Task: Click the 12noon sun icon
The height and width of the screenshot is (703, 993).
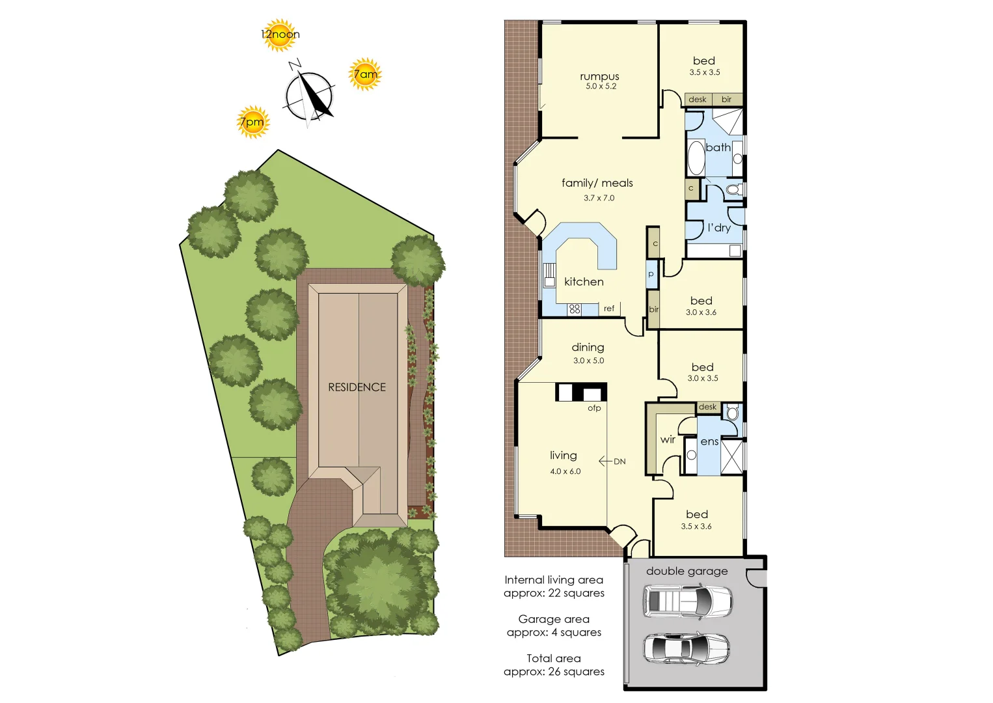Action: click(280, 34)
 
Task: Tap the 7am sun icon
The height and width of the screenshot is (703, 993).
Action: click(365, 74)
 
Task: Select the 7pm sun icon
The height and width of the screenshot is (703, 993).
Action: click(252, 122)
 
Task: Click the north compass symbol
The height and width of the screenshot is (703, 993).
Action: click(309, 95)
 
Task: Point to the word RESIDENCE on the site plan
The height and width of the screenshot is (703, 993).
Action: click(357, 387)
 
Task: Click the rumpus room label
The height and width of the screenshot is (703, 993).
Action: click(599, 77)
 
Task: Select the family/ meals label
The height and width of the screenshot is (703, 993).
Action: click(597, 184)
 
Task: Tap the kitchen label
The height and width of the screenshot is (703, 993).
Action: click(584, 282)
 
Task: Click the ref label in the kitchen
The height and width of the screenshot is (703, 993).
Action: click(609, 309)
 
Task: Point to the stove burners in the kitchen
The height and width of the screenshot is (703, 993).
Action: click(574, 309)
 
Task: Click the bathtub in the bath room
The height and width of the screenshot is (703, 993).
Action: click(696, 158)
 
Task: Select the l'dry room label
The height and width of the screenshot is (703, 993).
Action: click(719, 228)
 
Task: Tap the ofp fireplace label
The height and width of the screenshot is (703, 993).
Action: click(594, 408)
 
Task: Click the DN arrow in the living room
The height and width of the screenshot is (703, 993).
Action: click(612, 462)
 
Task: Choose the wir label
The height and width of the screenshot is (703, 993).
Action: click(668, 440)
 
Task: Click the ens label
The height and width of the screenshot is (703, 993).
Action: click(709, 441)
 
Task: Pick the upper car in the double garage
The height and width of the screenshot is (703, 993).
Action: click(687, 601)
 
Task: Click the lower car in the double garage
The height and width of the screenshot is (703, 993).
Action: click(687, 648)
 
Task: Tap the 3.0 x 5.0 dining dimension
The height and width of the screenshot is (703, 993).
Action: click(588, 361)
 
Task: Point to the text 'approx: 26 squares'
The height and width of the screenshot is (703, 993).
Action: click(554, 672)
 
